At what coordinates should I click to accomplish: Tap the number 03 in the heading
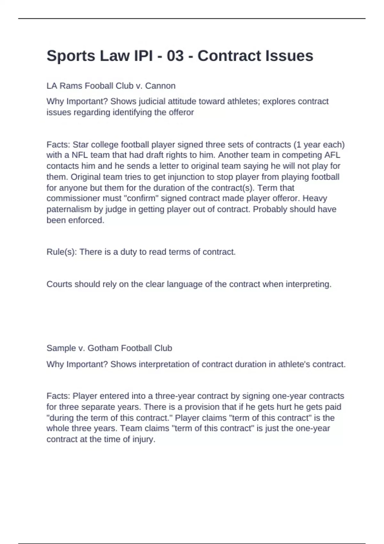point(175,56)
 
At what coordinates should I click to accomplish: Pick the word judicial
point(153,101)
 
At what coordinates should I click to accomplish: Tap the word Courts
point(59,284)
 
